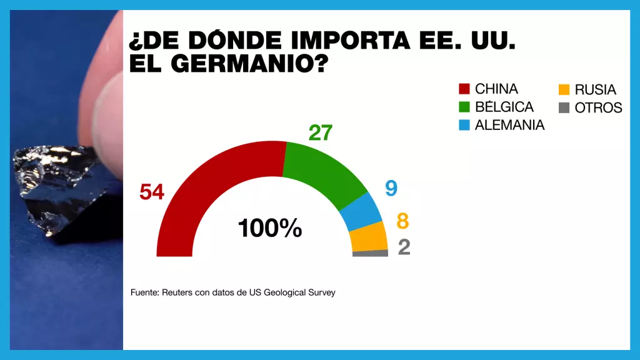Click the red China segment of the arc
(206, 181)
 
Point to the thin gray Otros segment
(370, 253)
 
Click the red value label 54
(152, 192)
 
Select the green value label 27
(320, 132)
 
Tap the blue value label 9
(392, 188)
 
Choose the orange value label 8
(403, 221)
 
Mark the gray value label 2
(404, 247)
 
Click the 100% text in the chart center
(270, 229)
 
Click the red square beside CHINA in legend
(464, 89)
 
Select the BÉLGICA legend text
(504, 107)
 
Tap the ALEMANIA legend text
(509, 125)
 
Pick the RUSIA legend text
(595, 89)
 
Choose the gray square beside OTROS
(564, 107)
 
